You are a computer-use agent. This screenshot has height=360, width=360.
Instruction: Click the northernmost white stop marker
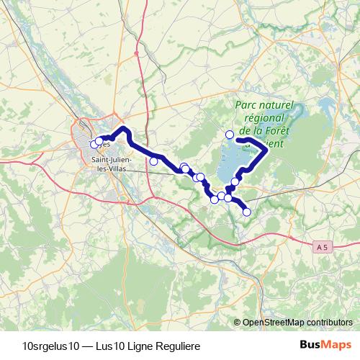[230, 134]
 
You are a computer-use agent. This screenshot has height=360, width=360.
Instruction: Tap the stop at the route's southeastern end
[247, 212]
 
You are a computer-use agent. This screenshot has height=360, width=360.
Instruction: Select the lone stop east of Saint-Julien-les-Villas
[153, 161]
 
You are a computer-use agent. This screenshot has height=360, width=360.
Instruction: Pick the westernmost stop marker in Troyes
[93, 144]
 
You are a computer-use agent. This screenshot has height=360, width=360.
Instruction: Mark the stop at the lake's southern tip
[235, 181]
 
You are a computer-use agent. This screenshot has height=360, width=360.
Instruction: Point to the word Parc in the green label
[246, 106]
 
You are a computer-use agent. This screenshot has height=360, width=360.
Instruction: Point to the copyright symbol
[238, 322]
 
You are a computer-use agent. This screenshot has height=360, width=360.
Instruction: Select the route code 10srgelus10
[53, 344]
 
